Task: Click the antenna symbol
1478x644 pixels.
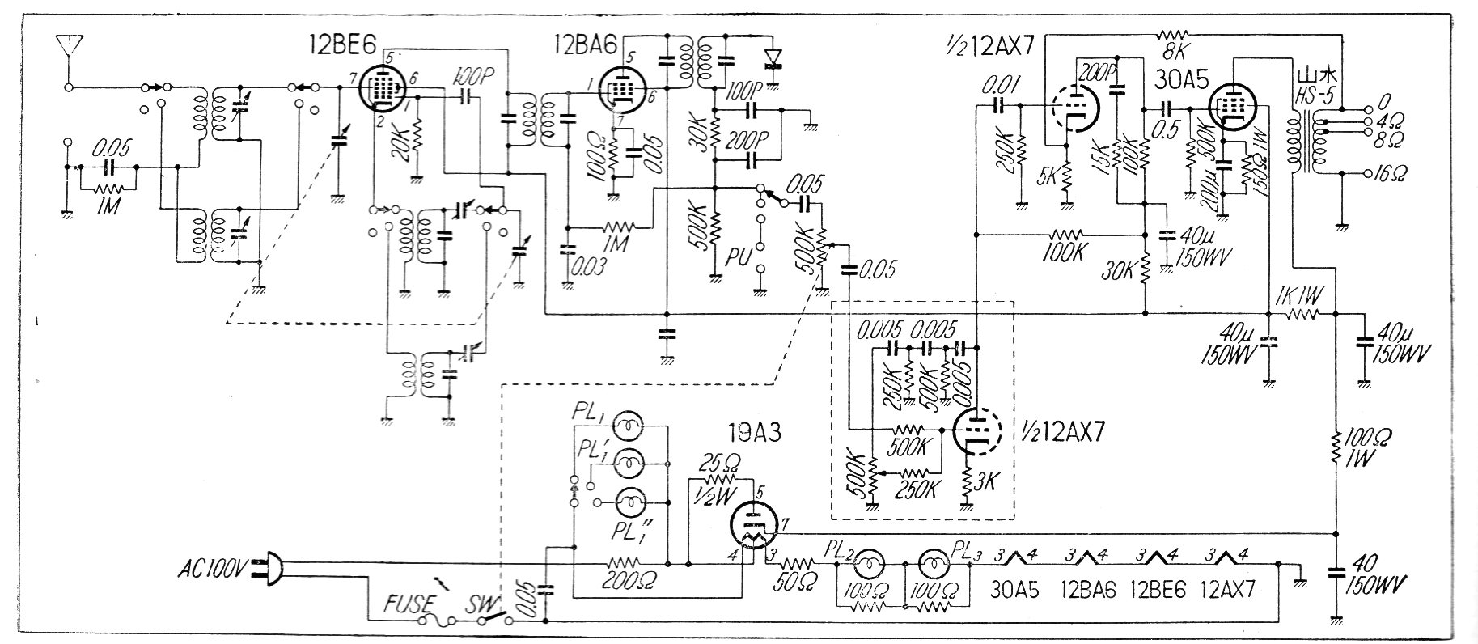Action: click(69, 47)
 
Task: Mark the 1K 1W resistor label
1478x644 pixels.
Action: click(1296, 296)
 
